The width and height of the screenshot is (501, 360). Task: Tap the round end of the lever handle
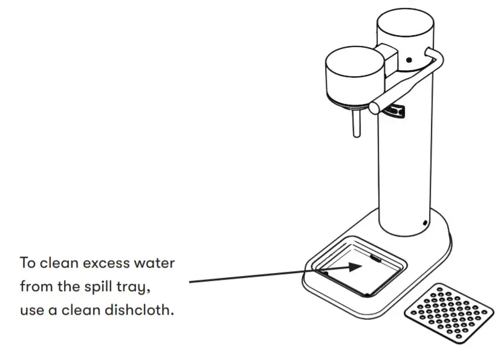(x=375, y=108)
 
